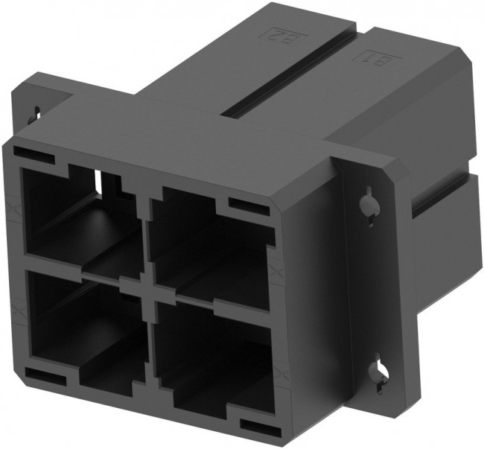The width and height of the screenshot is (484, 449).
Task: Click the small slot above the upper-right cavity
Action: [x=246, y=204]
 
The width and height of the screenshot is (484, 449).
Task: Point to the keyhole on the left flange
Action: [x=34, y=114]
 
